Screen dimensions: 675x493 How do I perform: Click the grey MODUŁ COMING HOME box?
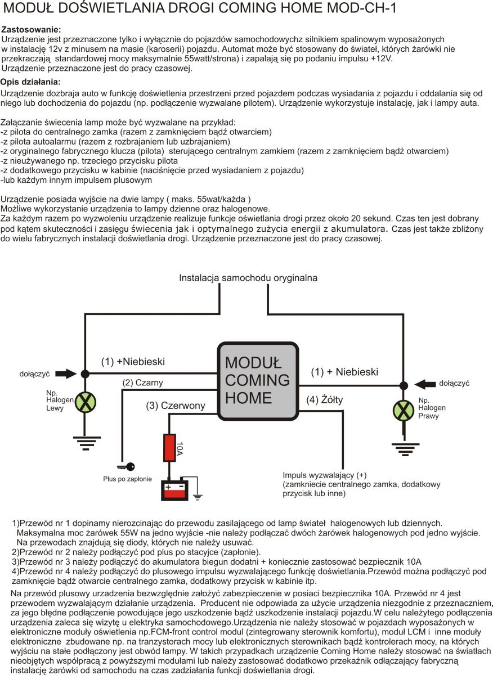(x=258, y=381)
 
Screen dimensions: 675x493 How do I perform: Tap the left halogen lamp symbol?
(x=86, y=402)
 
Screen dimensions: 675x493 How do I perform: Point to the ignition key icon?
(x=125, y=466)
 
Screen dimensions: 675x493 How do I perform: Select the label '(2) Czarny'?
(x=143, y=383)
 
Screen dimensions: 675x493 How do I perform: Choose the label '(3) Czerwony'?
(x=176, y=405)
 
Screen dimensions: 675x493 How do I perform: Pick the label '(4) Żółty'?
(x=325, y=400)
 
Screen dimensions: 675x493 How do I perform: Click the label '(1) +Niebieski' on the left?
(x=133, y=362)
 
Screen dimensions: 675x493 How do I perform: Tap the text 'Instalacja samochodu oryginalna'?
(x=248, y=278)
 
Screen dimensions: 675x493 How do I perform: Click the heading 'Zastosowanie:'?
(x=32, y=29)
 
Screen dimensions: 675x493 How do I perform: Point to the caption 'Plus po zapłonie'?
(x=127, y=479)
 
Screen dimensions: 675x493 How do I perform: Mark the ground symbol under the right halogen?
(x=404, y=448)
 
